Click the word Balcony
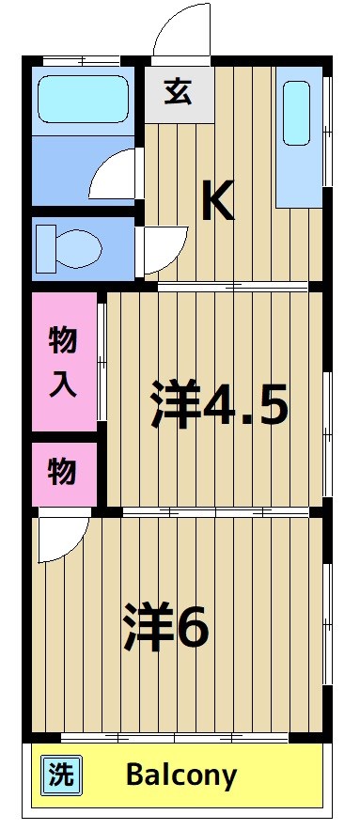pyautogui.click(x=181, y=776)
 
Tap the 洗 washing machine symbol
pyautogui.click(x=60, y=776)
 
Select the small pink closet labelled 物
pyautogui.click(x=63, y=473)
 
